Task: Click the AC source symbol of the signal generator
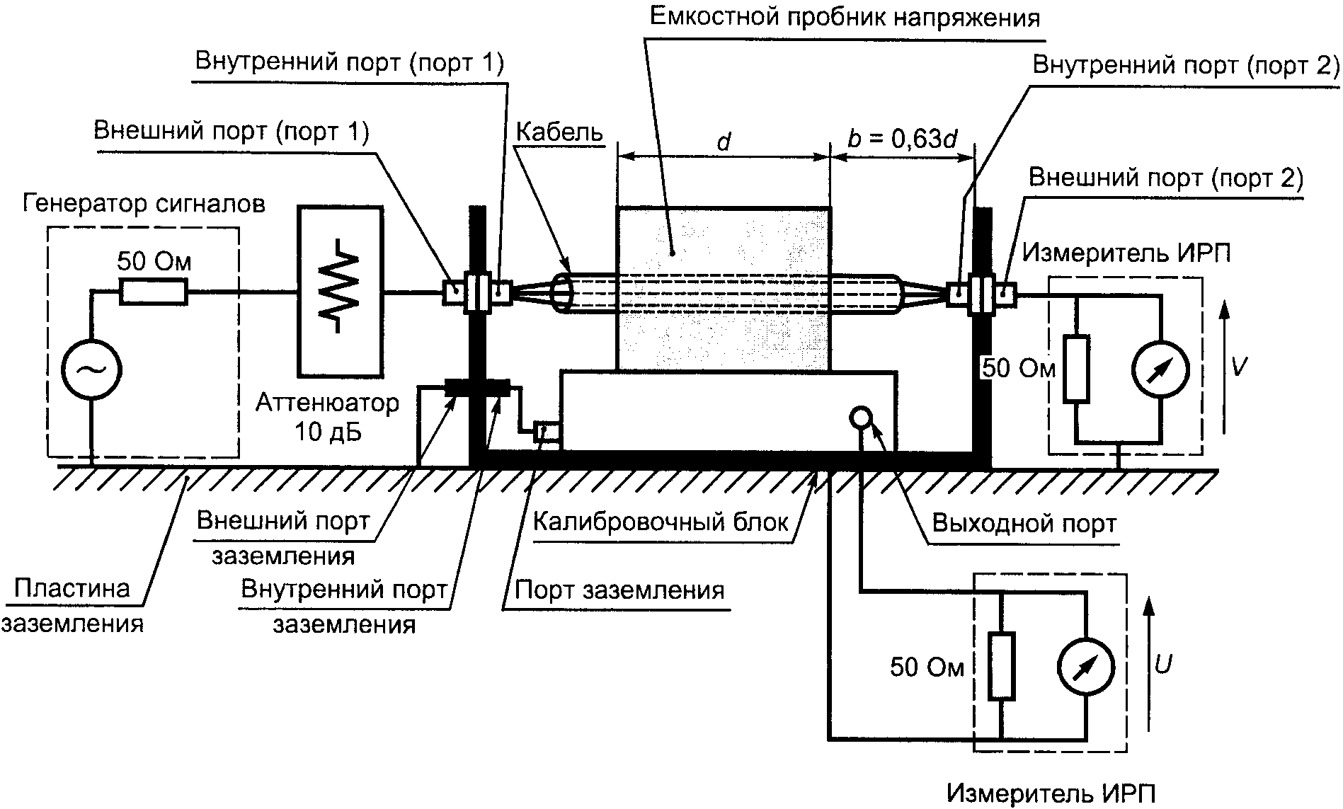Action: (91, 369)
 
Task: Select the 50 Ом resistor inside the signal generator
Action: (153, 292)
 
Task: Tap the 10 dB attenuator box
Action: (341, 291)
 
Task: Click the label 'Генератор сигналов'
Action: (144, 204)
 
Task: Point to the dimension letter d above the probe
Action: (723, 142)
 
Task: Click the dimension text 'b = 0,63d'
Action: (902, 139)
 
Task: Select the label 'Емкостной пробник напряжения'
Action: (845, 18)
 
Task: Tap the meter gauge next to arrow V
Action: (1160, 369)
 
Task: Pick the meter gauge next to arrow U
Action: (1085, 667)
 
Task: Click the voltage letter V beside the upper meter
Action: (1238, 367)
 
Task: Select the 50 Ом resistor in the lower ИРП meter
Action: (1001, 666)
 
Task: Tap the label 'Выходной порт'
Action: (1024, 524)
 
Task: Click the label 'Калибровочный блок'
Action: (660, 522)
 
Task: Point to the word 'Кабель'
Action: (559, 132)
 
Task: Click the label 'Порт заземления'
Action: (619, 590)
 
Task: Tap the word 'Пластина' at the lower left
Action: (72, 589)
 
